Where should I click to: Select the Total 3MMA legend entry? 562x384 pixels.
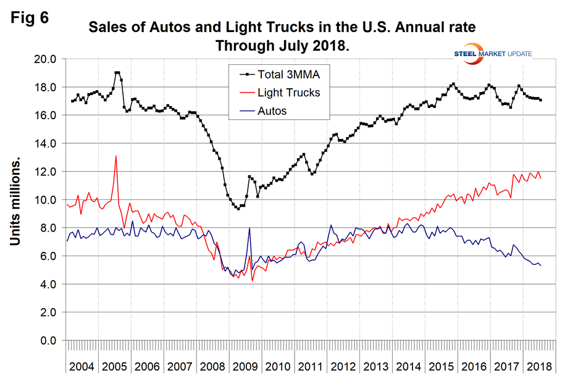(x=284, y=75)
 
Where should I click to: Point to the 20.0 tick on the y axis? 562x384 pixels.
(x=44, y=59)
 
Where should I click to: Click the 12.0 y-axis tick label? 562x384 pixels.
(x=44, y=172)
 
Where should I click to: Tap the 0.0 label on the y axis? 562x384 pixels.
(x=47, y=341)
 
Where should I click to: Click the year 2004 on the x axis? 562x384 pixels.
(x=82, y=366)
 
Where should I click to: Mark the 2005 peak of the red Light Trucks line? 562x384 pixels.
(x=115, y=156)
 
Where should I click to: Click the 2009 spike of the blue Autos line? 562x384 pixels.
(x=249, y=228)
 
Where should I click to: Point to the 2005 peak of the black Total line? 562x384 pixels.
(x=117, y=73)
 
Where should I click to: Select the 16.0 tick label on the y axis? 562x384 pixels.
(x=44, y=115)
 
